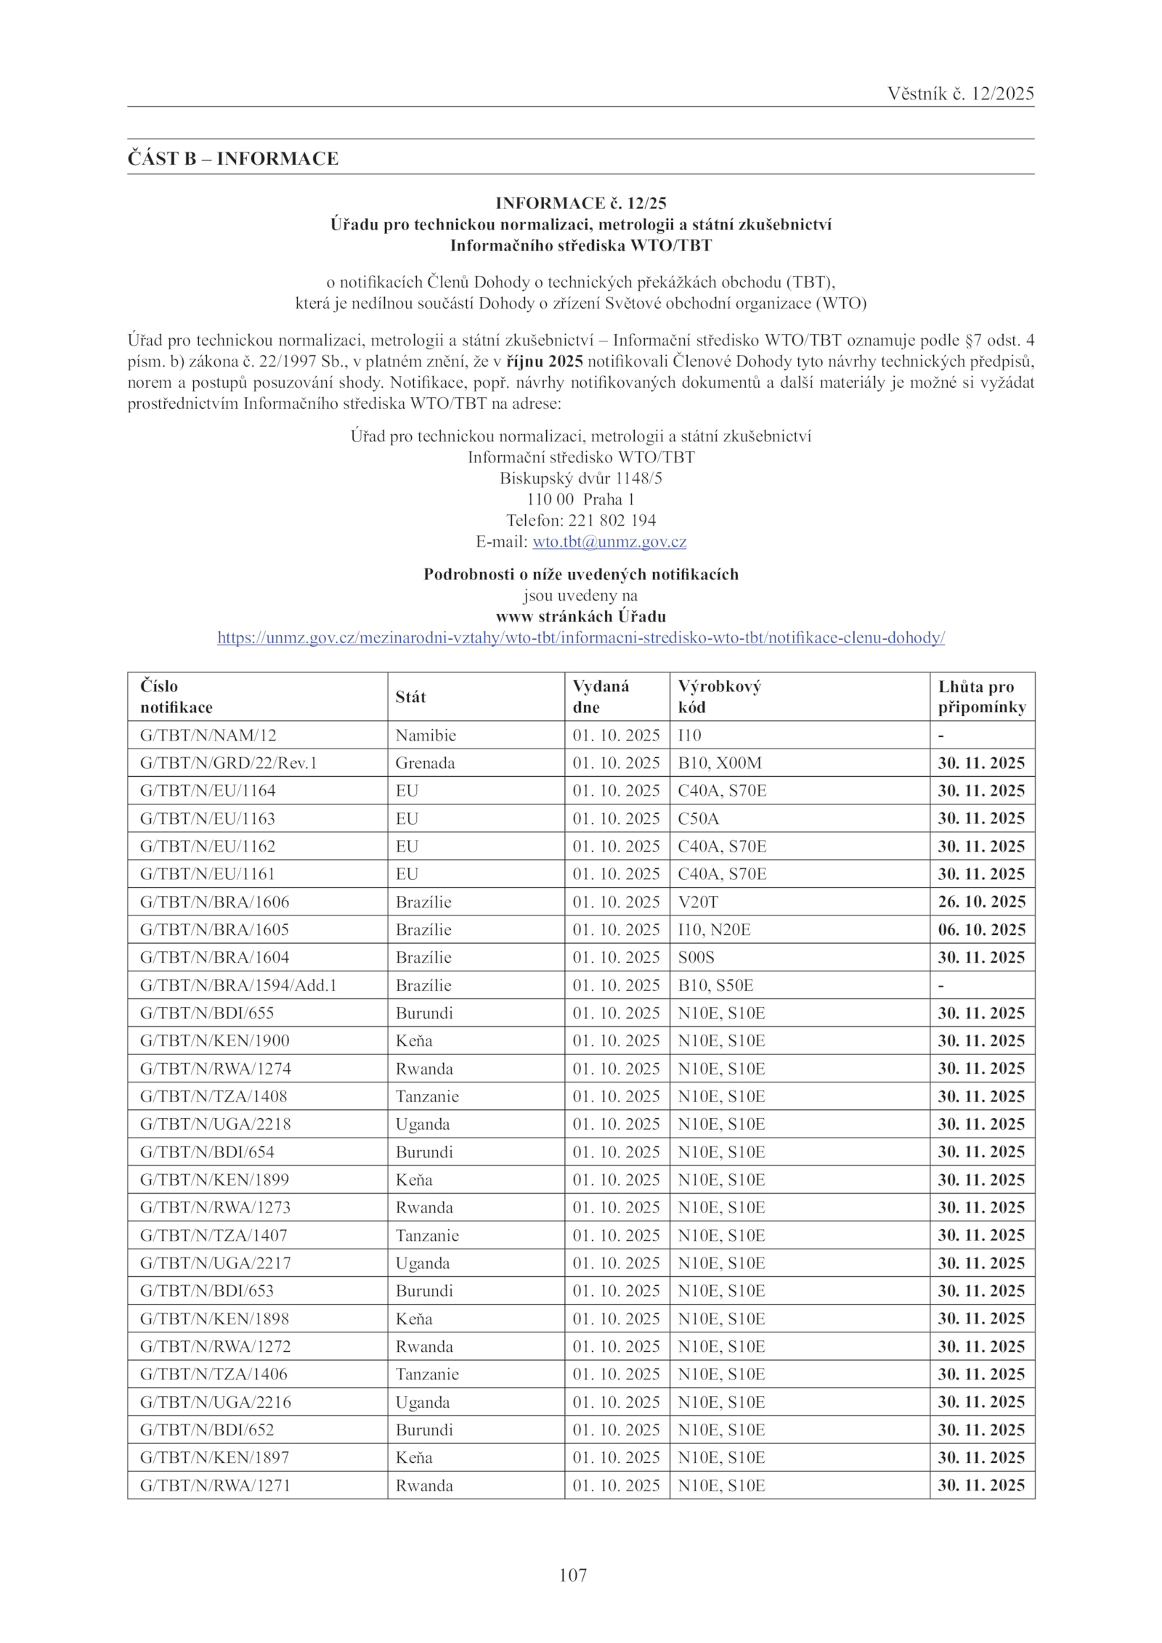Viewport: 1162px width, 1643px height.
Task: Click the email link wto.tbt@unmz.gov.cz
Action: pos(609,542)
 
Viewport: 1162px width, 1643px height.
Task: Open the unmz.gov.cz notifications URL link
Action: pos(581,638)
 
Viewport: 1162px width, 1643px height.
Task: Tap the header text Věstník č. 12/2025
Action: pos(960,94)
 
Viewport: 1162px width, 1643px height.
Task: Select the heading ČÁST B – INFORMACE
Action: pos(233,158)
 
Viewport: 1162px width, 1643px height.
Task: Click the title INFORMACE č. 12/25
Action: pos(581,203)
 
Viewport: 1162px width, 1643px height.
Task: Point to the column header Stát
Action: pos(410,697)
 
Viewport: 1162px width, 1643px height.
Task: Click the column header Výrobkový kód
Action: pos(719,696)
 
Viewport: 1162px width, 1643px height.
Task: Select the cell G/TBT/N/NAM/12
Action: pos(208,735)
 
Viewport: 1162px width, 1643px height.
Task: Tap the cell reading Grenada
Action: pos(425,763)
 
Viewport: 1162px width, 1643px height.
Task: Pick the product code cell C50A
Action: pos(698,819)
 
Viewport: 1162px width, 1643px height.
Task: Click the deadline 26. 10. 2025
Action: pos(981,902)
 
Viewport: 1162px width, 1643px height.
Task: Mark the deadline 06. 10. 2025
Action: pos(981,930)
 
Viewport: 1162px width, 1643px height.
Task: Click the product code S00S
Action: pos(696,958)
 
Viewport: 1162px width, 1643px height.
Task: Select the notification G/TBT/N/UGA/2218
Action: pos(216,1124)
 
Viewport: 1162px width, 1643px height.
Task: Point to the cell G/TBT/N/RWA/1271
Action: pos(215,1485)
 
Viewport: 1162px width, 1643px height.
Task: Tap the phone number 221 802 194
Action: pos(612,521)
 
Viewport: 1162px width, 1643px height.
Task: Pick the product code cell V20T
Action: pos(697,902)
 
